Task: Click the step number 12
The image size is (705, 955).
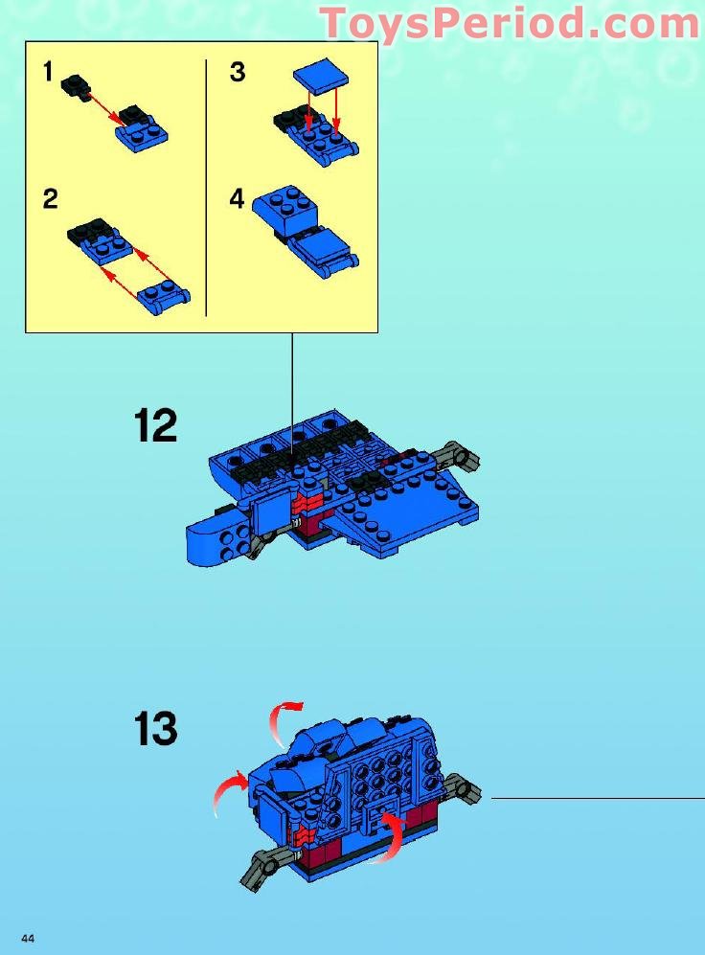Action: click(x=155, y=424)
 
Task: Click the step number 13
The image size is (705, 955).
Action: click(x=155, y=730)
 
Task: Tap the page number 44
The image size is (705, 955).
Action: click(x=28, y=938)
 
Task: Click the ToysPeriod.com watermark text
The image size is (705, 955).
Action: click(x=510, y=23)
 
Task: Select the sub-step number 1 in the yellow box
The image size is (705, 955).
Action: click(x=48, y=73)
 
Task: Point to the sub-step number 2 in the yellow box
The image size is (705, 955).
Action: click(x=50, y=199)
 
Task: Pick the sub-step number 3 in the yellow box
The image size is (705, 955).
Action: click(x=238, y=73)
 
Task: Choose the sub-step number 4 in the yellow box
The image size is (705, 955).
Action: click(x=238, y=199)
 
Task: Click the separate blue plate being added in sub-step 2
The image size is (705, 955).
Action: click(x=165, y=297)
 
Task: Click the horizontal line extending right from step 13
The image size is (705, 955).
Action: click(x=594, y=796)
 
